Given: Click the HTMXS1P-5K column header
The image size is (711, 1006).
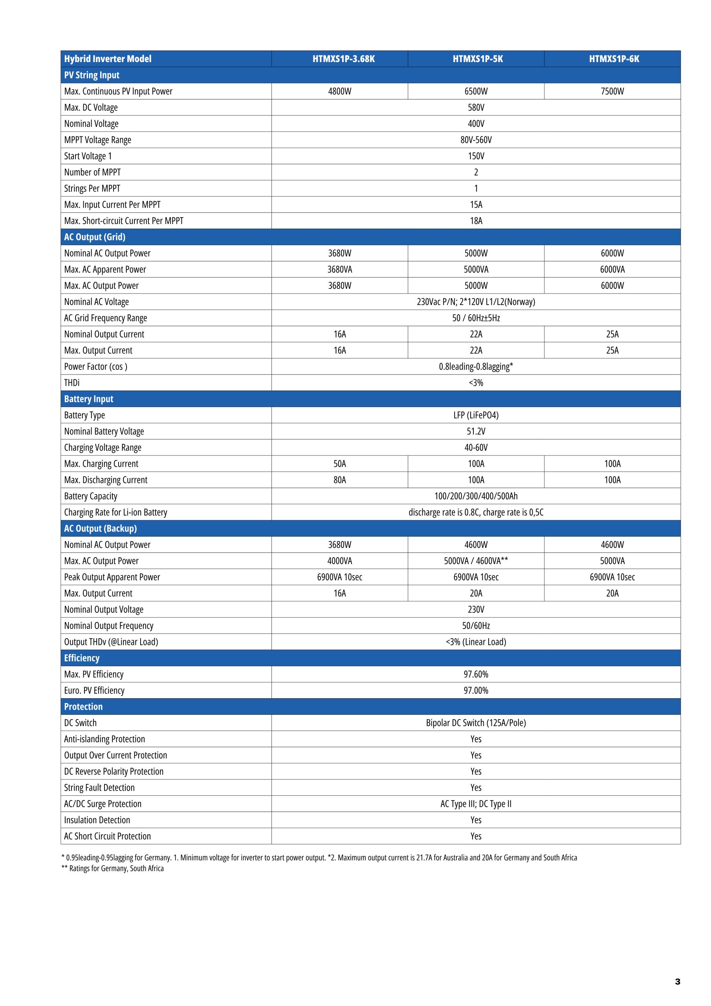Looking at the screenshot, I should [x=478, y=59].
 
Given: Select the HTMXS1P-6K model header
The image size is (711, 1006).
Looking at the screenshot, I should [x=614, y=59].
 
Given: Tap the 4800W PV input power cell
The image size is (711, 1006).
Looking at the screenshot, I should [x=339, y=91].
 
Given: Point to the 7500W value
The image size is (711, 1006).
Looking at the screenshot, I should [x=612, y=91].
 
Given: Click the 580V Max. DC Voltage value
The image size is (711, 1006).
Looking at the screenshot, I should [x=476, y=107].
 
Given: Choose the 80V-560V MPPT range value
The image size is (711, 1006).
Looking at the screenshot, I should [x=476, y=140].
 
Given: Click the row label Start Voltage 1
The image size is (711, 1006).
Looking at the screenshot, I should [x=88, y=156].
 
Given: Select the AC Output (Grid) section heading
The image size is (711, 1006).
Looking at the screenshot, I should [x=95, y=237].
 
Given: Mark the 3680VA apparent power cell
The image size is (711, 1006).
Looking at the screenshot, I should [x=339, y=270].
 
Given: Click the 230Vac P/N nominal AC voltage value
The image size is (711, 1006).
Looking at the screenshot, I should [x=476, y=302].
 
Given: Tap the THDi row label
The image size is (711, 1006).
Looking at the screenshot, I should [x=72, y=383].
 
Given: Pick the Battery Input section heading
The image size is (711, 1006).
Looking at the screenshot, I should [x=88, y=399].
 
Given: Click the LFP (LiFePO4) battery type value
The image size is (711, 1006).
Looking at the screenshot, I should [x=476, y=415].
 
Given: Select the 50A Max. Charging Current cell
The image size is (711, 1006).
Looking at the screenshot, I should [x=339, y=464].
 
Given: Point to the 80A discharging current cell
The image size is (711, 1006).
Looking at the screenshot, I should [x=339, y=480].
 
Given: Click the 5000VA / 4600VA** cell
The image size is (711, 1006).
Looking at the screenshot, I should [x=476, y=561].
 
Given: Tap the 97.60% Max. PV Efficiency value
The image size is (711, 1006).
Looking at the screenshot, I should [x=476, y=674].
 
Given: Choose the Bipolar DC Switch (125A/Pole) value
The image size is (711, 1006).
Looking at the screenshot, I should [x=476, y=723].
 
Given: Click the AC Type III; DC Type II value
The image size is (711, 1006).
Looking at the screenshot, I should [x=476, y=804].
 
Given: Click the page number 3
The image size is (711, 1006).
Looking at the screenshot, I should [x=677, y=982].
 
